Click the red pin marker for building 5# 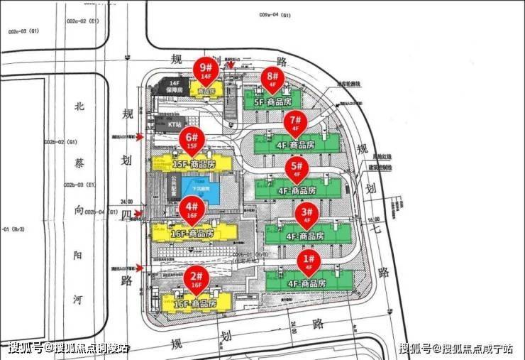click(x=296, y=169)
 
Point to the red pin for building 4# click(x=192, y=209)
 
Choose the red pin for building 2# click(x=196, y=278)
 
